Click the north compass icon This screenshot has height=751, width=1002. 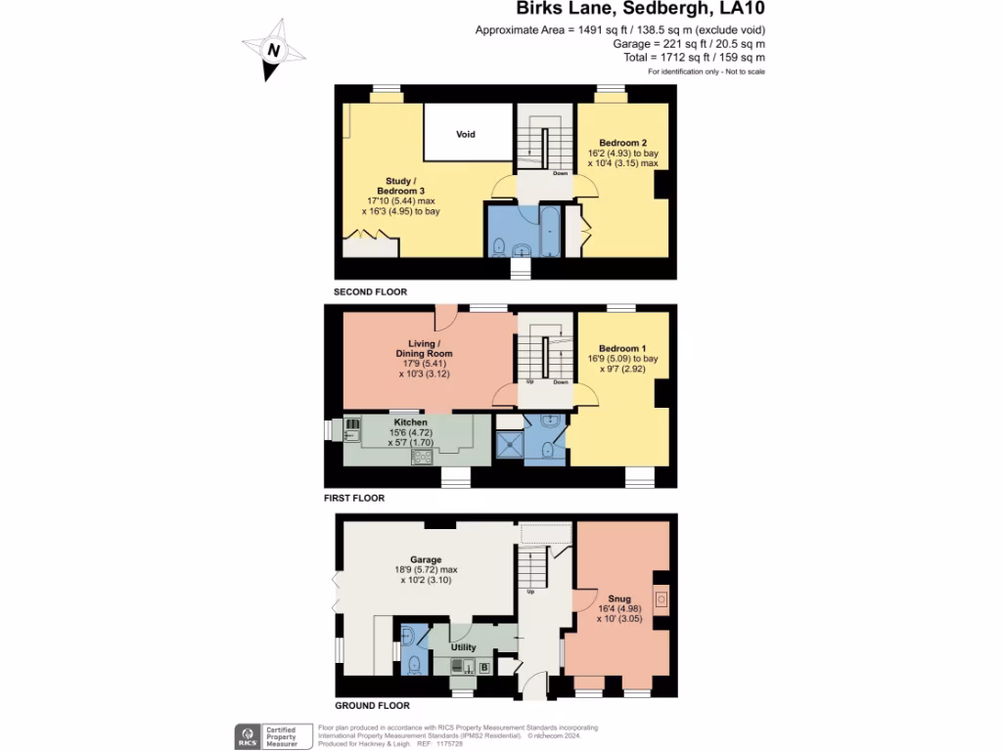click(x=273, y=50)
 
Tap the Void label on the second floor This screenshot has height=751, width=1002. click(x=466, y=134)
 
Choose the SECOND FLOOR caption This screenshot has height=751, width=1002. click(x=370, y=292)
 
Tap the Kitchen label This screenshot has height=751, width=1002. click(x=410, y=421)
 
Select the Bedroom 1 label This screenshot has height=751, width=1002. click(x=622, y=348)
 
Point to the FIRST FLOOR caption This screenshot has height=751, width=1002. click(x=354, y=498)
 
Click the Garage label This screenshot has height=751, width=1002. click(x=426, y=560)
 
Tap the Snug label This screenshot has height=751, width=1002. click(x=618, y=597)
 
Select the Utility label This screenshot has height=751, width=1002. click(x=463, y=647)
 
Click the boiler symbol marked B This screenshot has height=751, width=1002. click(x=483, y=668)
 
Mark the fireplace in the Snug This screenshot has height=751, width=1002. click(x=662, y=598)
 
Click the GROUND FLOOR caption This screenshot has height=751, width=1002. click(x=372, y=705)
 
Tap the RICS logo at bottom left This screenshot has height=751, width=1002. click(x=246, y=735)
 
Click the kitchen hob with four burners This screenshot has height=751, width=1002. click(x=424, y=457)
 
